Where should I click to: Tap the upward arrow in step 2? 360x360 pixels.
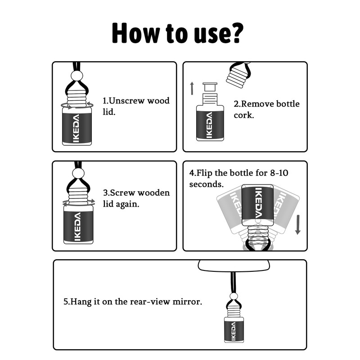pyautogui.click(x=192, y=88)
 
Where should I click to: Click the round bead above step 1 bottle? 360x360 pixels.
pyautogui.click(x=77, y=75)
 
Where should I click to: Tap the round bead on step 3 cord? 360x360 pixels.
pyautogui.click(x=78, y=173)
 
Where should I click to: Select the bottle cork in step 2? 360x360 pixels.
pyautogui.click(x=210, y=86)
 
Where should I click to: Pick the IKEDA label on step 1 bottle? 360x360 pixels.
pyautogui.click(x=76, y=128)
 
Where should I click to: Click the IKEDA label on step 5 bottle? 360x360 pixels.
pyautogui.click(x=234, y=331)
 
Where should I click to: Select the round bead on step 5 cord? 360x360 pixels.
pyautogui.click(x=234, y=296)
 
